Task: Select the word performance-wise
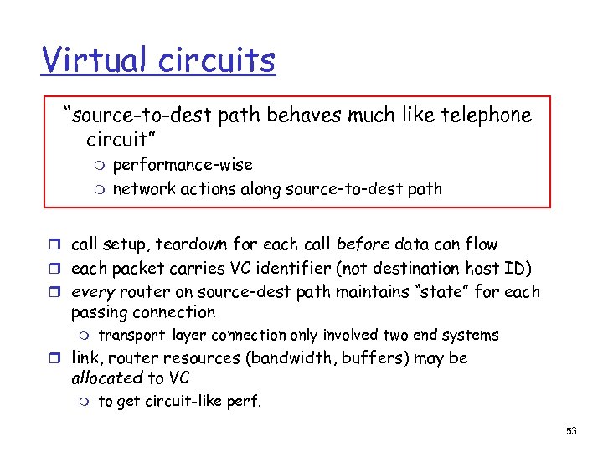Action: [182, 165]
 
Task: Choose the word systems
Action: [470, 336]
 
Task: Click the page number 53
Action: [572, 430]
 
